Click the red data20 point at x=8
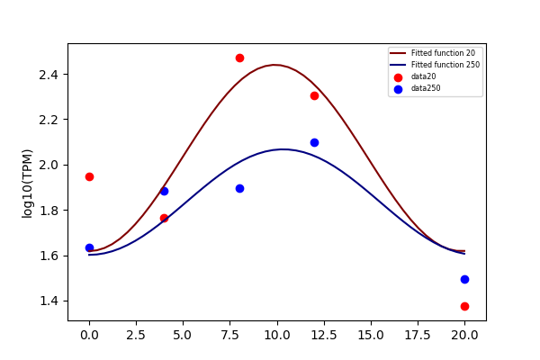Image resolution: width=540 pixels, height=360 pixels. click(239, 58)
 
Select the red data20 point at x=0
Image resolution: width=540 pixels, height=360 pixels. click(89, 176)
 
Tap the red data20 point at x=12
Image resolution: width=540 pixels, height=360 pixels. click(314, 95)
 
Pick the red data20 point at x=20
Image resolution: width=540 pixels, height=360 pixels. click(464, 306)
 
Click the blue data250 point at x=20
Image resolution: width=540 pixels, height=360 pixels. click(464, 279)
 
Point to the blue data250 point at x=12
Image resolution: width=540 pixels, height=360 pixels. click(314, 142)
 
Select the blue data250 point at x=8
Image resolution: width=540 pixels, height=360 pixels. click(239, 188)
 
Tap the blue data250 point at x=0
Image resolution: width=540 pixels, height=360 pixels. click(89, 247)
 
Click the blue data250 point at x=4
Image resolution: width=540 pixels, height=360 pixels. click(165, 191)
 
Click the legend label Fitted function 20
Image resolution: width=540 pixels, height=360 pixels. click(443, 53)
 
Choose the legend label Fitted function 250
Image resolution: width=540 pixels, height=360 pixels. click(445, 65)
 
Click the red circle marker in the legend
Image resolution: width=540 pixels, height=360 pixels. click(398, 77)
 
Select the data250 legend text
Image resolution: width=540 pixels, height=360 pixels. click(426, 88)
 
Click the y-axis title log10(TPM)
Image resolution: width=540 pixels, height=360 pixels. click(27, 184)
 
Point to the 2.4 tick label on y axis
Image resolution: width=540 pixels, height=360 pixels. click(49, 75)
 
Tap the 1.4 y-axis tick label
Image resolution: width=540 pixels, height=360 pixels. click(49, 301)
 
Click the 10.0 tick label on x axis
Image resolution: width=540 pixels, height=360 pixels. click(277, 335)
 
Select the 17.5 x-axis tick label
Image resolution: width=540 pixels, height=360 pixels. click(418, 335)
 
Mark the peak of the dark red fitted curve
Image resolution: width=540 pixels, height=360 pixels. click(274, 65)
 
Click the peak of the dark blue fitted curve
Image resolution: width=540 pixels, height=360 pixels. click(283, 149)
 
